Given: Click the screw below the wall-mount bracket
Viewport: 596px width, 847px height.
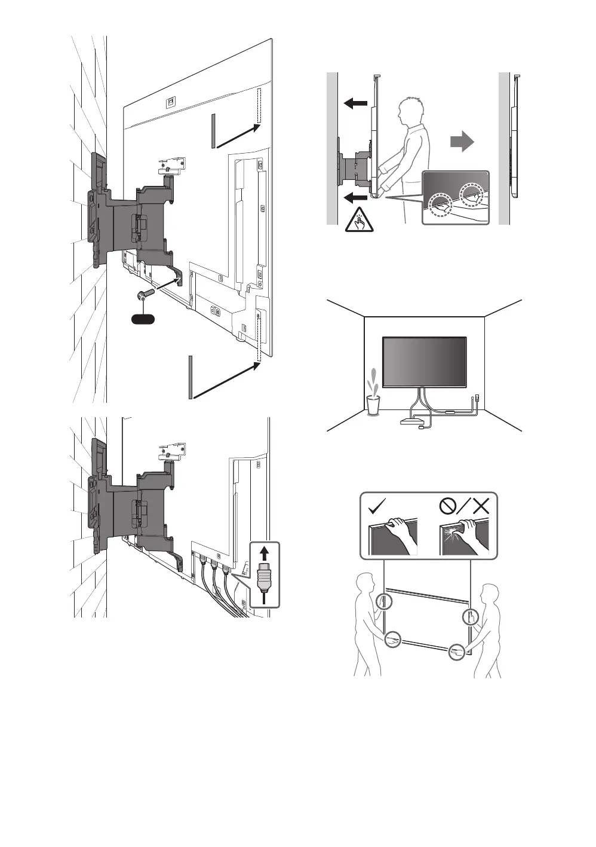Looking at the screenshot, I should tap(144, 295).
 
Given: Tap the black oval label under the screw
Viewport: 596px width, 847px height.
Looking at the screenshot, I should tap(143, 319).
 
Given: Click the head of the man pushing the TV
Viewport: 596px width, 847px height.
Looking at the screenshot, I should tap(411, 112).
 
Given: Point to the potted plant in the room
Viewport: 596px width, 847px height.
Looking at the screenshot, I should tap(373, 395).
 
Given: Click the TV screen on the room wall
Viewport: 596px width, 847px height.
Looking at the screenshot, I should tap(424, 362).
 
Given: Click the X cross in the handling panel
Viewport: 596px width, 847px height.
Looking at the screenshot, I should tap(480, 506).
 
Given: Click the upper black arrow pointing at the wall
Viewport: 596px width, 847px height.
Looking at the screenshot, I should tap(355, 103).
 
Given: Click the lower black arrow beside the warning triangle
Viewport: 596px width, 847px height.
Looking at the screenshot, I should tap(356, 197).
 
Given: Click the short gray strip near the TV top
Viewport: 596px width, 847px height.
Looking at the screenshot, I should tap(211, 131).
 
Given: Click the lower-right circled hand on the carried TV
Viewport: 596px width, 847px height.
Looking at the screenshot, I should tap(457, 652).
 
